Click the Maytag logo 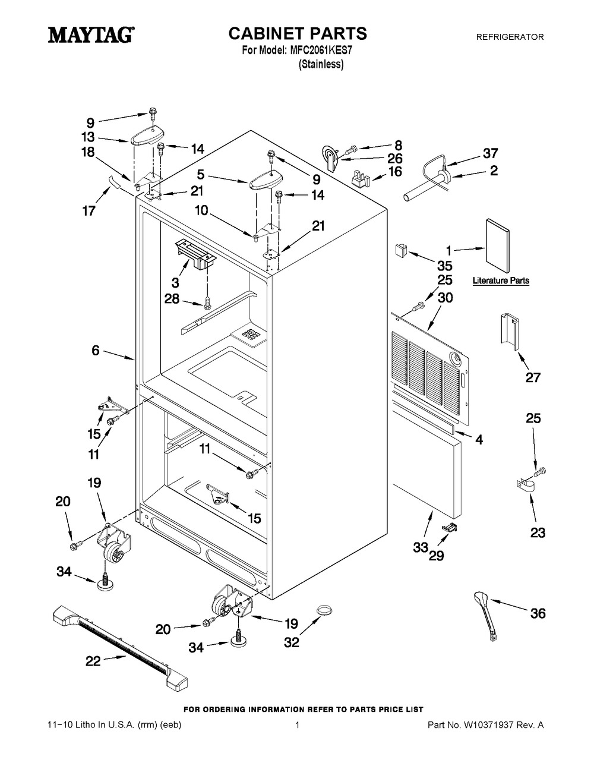pyautogui.click(x=90, y=36)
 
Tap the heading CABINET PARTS pyautogui.click(x=298, y=33)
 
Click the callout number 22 pyautogui.click(x=93, y=661)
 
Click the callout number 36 pyautogui.click(x=538, y=613)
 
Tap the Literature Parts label pyautogui.click(x=501, y=281)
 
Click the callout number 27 pyautogui.click(x=533, y=377)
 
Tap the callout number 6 pyautogui.click(x=96, y=351)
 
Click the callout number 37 pyautogui.click(x=491, y=153)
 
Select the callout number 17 pyautogui.click(x=89, y=210)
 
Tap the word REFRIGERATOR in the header pyautogui.click(x=510, y=37)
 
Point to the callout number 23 pyautogui.click(x=538, y=533)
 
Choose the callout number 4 pyautogui.click(x=478, y=440)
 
